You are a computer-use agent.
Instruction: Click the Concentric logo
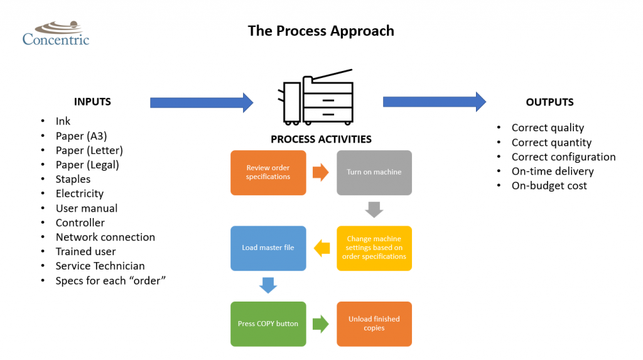56,33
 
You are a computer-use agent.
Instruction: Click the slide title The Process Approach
321,31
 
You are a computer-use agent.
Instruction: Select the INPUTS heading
92,102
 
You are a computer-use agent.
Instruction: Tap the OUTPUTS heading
549,102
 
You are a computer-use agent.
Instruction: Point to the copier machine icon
318,101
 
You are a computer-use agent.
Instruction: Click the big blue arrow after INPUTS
202,102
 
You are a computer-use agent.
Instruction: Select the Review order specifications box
268,172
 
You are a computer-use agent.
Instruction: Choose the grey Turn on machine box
374,172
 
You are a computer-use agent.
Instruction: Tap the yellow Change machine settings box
374,248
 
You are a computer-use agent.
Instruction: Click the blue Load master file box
268,248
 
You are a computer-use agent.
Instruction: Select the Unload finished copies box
374,324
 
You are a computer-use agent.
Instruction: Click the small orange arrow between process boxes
321,172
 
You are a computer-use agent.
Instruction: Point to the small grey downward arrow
374,210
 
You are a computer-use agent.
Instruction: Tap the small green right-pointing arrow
321,324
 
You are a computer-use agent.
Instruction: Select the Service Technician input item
100,266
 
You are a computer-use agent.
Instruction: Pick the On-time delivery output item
553,171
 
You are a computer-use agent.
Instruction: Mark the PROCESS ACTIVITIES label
321,139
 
